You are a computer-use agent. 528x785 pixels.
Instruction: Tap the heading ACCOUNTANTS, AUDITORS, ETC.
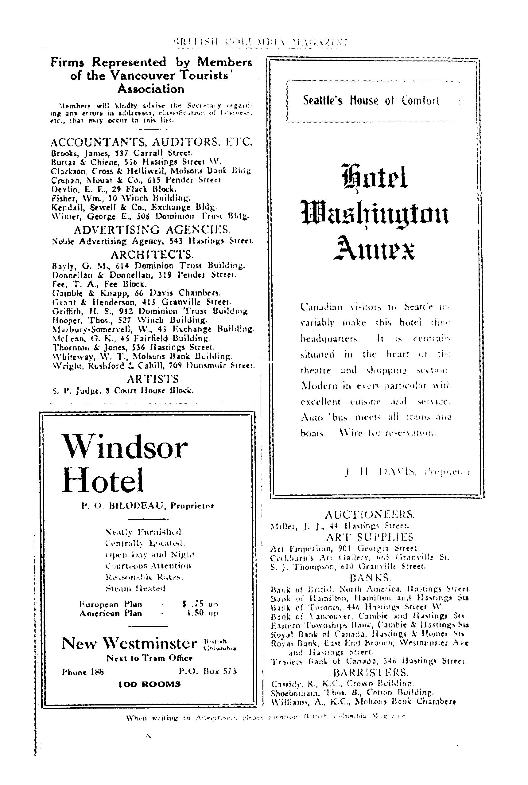click(151, 142)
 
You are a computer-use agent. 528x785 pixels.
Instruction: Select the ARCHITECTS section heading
click(152, 254)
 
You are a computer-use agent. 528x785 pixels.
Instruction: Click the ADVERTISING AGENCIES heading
click(152, 230)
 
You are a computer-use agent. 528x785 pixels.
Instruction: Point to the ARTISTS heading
click(153, 379)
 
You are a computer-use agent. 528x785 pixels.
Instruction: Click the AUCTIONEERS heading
click(370, 514)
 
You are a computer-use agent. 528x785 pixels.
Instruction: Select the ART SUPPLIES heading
click(370, 537)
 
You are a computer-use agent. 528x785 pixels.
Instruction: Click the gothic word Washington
click(374, 215)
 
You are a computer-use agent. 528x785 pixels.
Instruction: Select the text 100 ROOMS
click(149, 684)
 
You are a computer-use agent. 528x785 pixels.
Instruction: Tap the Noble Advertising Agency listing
click(152, 241)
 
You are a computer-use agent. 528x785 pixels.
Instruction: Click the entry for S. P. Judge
click(123, 391)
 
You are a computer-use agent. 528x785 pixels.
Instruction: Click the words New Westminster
click(129, 644)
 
